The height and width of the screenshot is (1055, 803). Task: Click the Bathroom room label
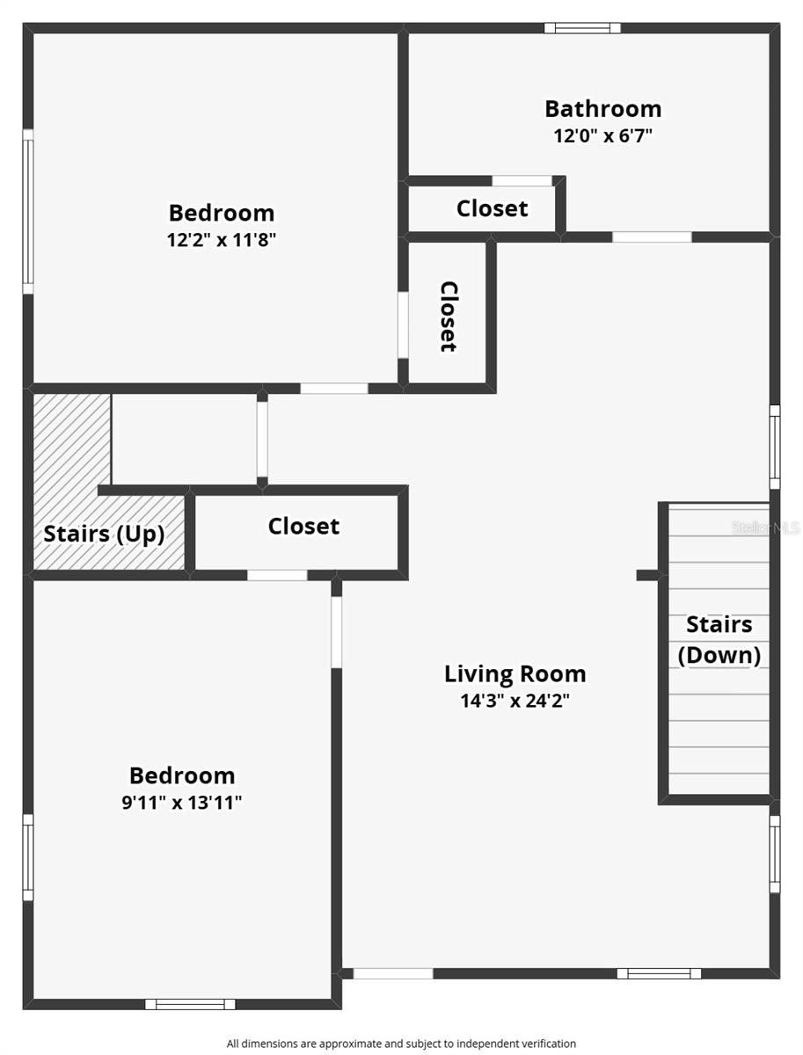[603, 109]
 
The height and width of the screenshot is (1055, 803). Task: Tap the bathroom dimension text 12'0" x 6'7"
[603, 136]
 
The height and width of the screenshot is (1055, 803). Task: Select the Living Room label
[515, 674]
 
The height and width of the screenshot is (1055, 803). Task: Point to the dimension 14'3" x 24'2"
[515, 701]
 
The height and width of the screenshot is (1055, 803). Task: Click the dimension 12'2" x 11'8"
[222, 239]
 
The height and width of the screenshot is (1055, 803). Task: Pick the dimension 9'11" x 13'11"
[182, 802]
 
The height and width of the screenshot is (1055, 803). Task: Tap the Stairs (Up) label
[104, 534]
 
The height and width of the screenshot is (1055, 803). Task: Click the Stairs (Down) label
[719, 640]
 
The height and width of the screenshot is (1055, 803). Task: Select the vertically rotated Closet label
[449, 316]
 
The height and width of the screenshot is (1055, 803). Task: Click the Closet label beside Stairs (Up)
[303, 527]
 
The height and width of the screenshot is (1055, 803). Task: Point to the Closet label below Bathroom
[492, 208]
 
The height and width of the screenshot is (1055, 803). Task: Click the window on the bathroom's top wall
[582, 28]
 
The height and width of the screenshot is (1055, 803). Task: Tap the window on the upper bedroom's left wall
[28, 212]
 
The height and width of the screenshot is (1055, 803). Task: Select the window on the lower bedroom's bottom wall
[190, 1004]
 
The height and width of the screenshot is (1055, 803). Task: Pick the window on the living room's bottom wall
[660, 973]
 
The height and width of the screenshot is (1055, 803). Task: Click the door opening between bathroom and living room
[652, 237]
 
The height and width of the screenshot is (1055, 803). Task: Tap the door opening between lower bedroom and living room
[337, 632]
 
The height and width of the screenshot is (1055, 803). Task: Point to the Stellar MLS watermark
[765, 527]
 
